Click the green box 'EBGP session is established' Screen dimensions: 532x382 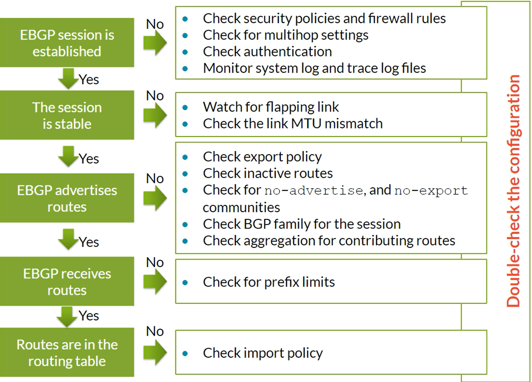coord(67,42)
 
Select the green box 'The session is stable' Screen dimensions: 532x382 coord(67,115)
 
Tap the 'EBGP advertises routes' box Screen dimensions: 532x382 coord(67,198)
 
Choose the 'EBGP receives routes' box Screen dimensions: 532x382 coord(67,281)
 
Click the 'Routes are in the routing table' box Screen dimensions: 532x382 coord(67,352)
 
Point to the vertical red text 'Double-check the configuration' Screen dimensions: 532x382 coord(514,191)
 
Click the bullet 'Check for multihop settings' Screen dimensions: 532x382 coord(285,35)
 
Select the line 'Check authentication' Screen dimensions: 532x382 coord(267,52)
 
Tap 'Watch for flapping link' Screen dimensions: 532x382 coord(271,107)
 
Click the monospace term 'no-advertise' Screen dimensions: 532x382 coord(314,191)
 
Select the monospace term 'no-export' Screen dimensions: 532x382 coord(431,191)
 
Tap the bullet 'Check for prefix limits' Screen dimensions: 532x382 coord(269,282)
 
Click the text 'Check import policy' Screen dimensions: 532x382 coord(263,353)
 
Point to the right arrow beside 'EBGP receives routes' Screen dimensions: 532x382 coord(155,281)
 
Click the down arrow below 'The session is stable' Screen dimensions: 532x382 coord(68,156)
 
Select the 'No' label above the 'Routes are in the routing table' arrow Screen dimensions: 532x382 coord(155,331)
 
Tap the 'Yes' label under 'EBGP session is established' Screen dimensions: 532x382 coord(88,79)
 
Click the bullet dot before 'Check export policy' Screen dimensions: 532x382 coord(185,157)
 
